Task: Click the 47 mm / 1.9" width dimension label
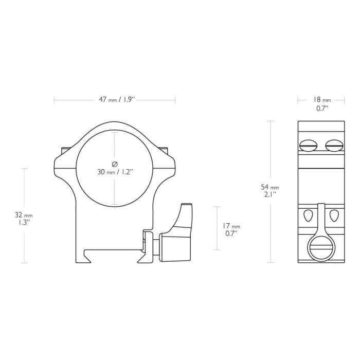(117, 100)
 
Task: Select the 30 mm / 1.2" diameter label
(115, 172)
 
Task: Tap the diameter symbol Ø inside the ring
(115, 164)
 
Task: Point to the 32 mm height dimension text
(24, 215)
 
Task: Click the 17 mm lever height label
(231, 226)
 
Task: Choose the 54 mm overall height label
(270, 187)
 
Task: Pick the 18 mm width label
(322, 100)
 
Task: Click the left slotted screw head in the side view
(309, 146)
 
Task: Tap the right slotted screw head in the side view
(334, 146)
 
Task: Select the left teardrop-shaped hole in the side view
(308, 215)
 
